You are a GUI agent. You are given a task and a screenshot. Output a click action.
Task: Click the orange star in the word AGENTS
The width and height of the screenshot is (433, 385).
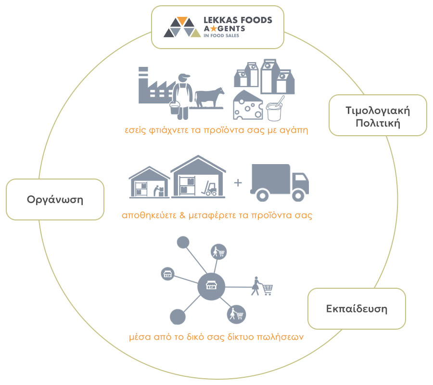(x=214, y=28)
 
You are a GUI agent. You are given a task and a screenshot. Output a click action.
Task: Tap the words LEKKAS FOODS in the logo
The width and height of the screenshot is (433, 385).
(x=238, y=20)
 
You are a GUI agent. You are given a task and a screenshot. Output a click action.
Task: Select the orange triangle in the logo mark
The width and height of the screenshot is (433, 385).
(x=182, y=20)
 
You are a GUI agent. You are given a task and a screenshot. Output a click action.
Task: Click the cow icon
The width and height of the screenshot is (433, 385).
(x=209, y=98)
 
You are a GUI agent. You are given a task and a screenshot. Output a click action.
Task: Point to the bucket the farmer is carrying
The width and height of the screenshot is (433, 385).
(x=175, y=108)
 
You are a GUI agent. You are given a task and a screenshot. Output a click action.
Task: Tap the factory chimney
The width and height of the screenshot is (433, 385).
(x=143, y=77)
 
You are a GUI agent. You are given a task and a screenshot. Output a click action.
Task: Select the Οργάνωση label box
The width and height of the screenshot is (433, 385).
(x=55, y=199)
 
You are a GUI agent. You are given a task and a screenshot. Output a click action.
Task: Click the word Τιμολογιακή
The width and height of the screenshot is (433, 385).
(x=378, y=111)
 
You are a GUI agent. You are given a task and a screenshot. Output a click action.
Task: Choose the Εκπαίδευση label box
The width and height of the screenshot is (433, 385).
(x=357, y=308)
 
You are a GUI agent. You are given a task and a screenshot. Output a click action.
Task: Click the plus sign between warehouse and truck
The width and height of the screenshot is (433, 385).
(x=238, y=182)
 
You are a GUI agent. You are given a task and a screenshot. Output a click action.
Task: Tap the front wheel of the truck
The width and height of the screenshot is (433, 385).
(x=298, y=195)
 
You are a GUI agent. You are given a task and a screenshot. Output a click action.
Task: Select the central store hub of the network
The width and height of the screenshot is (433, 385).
(x=211, y=286)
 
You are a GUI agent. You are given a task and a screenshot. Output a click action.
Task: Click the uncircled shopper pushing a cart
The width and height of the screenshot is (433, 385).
(x=262, y=286)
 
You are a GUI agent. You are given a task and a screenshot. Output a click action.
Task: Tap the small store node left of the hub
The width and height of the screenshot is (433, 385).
(x=167, y=274)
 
